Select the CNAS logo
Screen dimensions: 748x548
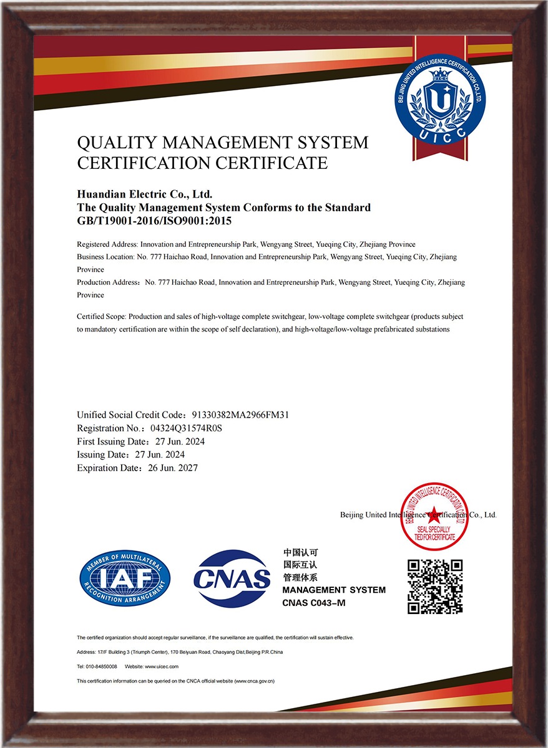pos(232,578)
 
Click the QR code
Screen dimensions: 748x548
pos(435,587)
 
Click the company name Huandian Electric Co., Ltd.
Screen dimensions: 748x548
pos(145,196)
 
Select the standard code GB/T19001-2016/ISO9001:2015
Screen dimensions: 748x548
pos(154,220)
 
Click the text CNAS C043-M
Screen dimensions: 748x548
pos(314,603)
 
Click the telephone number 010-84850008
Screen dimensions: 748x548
pos(100,666)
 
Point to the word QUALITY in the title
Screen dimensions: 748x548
pos(114,143)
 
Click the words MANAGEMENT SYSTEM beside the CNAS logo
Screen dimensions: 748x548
pos(334,590)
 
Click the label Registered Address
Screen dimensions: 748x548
pos(106,244)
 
